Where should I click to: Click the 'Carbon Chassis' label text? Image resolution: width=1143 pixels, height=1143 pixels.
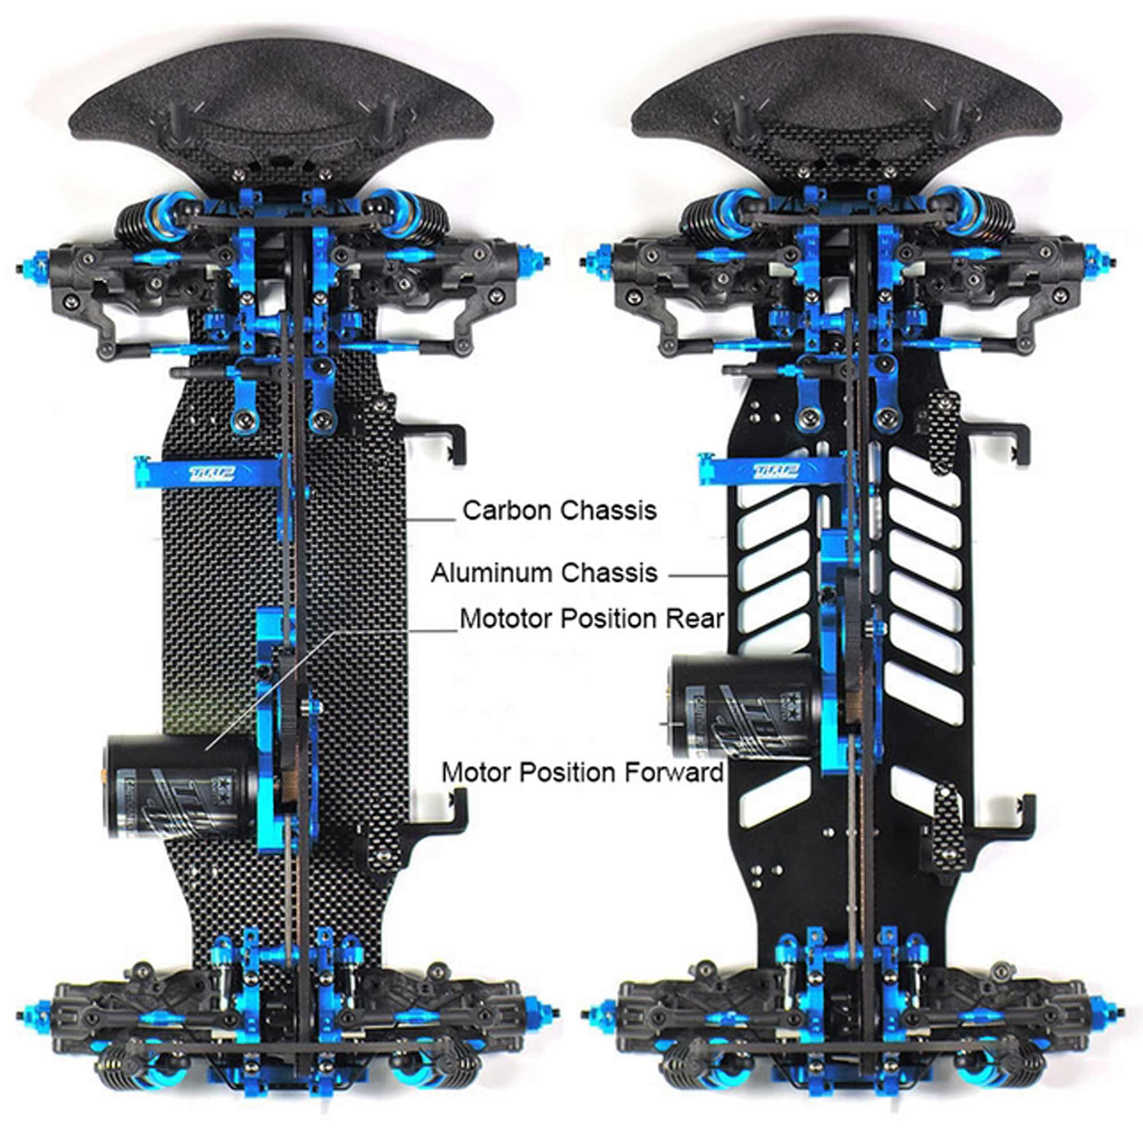pos(559,510)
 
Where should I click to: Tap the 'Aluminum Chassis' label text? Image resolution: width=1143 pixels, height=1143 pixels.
pos(543,573)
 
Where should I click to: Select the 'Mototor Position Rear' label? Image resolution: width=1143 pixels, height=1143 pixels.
pos(592,619)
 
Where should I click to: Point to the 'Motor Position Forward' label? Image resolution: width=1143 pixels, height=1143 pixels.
pos(583,772)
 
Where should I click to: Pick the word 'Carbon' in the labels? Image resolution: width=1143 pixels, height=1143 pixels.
pos(507,510)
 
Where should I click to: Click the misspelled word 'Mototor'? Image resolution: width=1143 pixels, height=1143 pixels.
pos(506,619)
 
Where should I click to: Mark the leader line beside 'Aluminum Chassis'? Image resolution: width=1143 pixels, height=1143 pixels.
pos(698,574)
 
